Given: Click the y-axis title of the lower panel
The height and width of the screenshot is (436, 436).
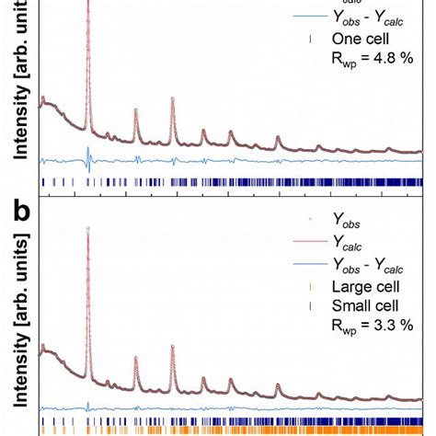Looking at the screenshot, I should tap(20, 321).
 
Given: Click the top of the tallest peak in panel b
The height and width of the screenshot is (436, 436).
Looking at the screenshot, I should tap(87, 227).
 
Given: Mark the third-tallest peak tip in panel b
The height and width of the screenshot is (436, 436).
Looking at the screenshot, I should tap(136, 357).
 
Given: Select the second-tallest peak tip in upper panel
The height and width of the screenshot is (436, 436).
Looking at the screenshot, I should tap(173, 98).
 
